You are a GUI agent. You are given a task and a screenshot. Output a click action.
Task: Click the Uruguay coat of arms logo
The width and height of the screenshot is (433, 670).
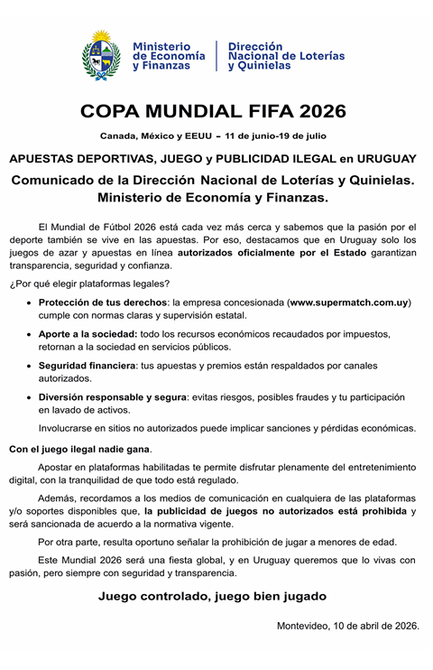[101, 56]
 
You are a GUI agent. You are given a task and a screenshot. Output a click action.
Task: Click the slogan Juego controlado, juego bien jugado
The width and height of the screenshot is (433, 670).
[213, 596]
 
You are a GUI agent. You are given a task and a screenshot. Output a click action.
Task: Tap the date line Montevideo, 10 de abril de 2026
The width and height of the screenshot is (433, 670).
[347, 626]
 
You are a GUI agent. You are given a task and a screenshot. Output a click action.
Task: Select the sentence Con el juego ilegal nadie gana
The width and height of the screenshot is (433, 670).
[80, 449]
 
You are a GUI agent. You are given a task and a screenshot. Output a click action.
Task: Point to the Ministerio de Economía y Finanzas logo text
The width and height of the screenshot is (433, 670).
[169, 56]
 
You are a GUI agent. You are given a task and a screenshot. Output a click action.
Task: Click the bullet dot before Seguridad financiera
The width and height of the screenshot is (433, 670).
[31, 367]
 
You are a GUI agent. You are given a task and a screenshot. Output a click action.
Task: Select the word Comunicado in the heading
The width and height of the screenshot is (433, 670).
[60, 180]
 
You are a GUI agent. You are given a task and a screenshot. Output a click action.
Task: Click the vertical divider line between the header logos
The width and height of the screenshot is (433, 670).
[216, 56]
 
